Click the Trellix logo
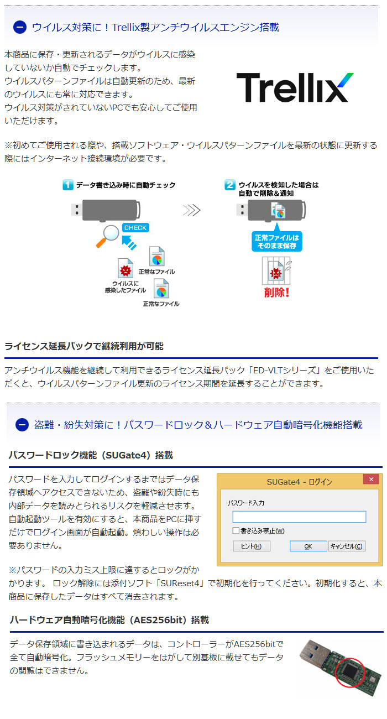tap(295, 87)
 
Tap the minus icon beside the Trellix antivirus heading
tap(19, 27)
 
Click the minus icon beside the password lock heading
tap(22, 425)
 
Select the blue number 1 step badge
tap(67, 185)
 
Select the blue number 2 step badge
tap(230, 185)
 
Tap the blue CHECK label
tap(135, 227)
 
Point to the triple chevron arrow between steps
tap(192, 210)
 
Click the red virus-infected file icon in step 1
tap(125, 268)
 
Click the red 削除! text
tap(276, 293)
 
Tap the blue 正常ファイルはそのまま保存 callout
tap(276, 241)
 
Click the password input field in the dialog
tap(299, 517)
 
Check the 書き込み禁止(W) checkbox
tap(236, 531)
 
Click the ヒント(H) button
tap(251, 546)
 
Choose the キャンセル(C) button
tap(347, 546)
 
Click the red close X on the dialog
tap(371, 479)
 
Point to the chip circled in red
tap(349, 670)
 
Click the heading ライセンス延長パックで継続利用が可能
tap(83, 346)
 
